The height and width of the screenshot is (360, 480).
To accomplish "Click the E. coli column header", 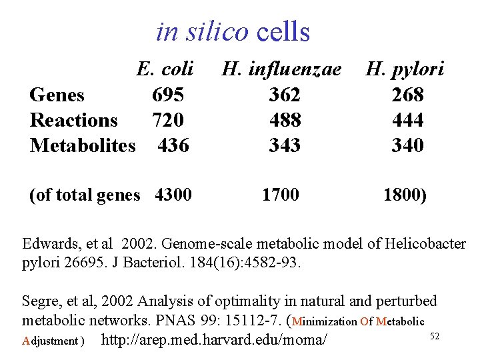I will pos(165,69).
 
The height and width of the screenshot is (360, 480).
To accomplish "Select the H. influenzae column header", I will pos(281,69).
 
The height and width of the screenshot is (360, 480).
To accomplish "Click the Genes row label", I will pos(57,95).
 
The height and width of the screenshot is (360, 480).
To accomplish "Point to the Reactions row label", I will pos(73,120).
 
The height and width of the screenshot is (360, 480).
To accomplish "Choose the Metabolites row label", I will pos(83,145).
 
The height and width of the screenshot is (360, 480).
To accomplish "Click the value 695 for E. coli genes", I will pos(168,95).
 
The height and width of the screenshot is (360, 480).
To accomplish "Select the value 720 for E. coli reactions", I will pos(168,120).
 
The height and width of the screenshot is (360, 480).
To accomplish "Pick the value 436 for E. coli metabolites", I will pos(173,145).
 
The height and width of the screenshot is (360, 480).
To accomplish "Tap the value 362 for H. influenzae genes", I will pos(285,95).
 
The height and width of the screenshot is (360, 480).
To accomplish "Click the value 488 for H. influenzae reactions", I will pos(285,120).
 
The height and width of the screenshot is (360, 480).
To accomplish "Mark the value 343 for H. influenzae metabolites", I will pos(285,145).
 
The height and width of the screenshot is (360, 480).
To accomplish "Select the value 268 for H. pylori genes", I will pos(408,95).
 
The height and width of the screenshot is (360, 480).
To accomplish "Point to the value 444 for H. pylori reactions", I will pos(408,120).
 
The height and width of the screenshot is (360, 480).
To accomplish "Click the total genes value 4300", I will pos(173,195).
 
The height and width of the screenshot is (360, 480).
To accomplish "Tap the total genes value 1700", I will pos(281,195).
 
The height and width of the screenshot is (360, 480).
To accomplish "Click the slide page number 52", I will pos(434,337).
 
